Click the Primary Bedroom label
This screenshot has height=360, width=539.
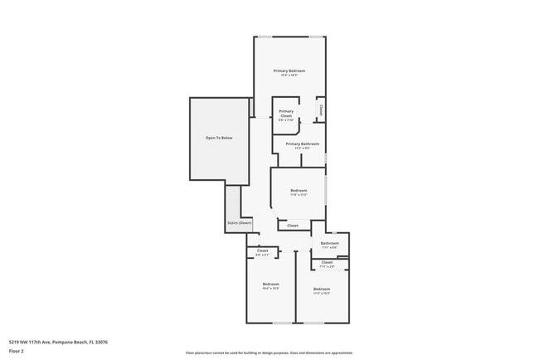click(x=289, y=71)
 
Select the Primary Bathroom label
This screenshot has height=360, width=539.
click(x=303, y=144)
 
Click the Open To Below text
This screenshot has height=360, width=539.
click(x=219, y=138)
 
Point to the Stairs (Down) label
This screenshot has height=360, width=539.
click(x=239, y=222)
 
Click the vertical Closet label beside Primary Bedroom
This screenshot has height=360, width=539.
click(x=321, y=108)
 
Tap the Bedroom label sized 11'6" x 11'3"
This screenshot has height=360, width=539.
click(x=299, y=191)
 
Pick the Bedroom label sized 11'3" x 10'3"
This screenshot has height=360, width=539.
click(x=322, y=289)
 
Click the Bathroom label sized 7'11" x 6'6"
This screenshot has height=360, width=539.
click(x=328, y=243)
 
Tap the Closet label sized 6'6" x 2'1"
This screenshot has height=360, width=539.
click(x=262, y=251)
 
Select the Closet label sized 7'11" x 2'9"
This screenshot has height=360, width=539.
click(x=327, y=262)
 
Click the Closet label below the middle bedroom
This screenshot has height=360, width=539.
click(x=293, y=225)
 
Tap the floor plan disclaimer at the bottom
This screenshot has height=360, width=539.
click(x=269, y=353)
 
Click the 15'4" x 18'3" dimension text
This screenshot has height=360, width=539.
click(x=289, y=75)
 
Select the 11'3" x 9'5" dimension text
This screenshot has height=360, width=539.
click(x=303, y=148)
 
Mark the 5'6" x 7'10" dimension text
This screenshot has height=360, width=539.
click(x=286, y=119)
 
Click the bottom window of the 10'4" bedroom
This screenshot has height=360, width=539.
click(x=283, y=323)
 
